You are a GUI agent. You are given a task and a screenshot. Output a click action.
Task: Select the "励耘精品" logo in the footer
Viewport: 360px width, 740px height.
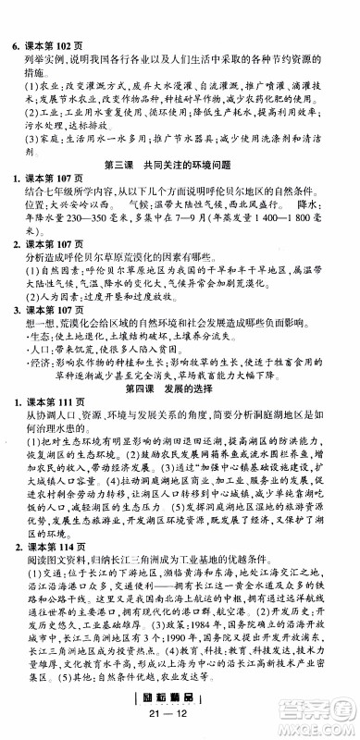coord(179,710)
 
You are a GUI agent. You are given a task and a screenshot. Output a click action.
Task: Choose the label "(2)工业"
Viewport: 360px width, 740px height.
coord(43,106)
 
